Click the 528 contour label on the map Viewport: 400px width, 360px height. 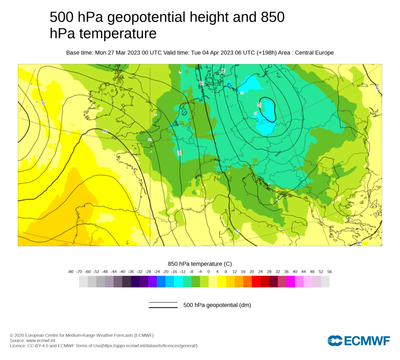(x=259, y=104)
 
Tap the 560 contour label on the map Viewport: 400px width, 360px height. (x=105, y=131)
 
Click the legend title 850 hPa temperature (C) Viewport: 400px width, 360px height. (x=200, y=264)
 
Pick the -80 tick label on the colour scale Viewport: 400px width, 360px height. (x=70, y=272)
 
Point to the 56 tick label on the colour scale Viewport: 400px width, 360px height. (x=329, y=272)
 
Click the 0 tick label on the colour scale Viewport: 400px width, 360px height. (x=209, y=272)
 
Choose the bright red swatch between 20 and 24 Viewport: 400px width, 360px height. (x=256, y=281)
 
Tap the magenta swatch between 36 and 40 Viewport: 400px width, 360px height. (x=291, y=281)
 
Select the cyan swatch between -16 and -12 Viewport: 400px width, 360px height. (x=178, y=281)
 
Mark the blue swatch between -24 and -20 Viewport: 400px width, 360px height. (x=161, y=281)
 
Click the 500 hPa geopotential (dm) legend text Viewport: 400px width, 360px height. (x=217, y=305)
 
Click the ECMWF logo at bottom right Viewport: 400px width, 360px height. (x=359, y=341)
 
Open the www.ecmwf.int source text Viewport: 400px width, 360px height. (x=41, y=340)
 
